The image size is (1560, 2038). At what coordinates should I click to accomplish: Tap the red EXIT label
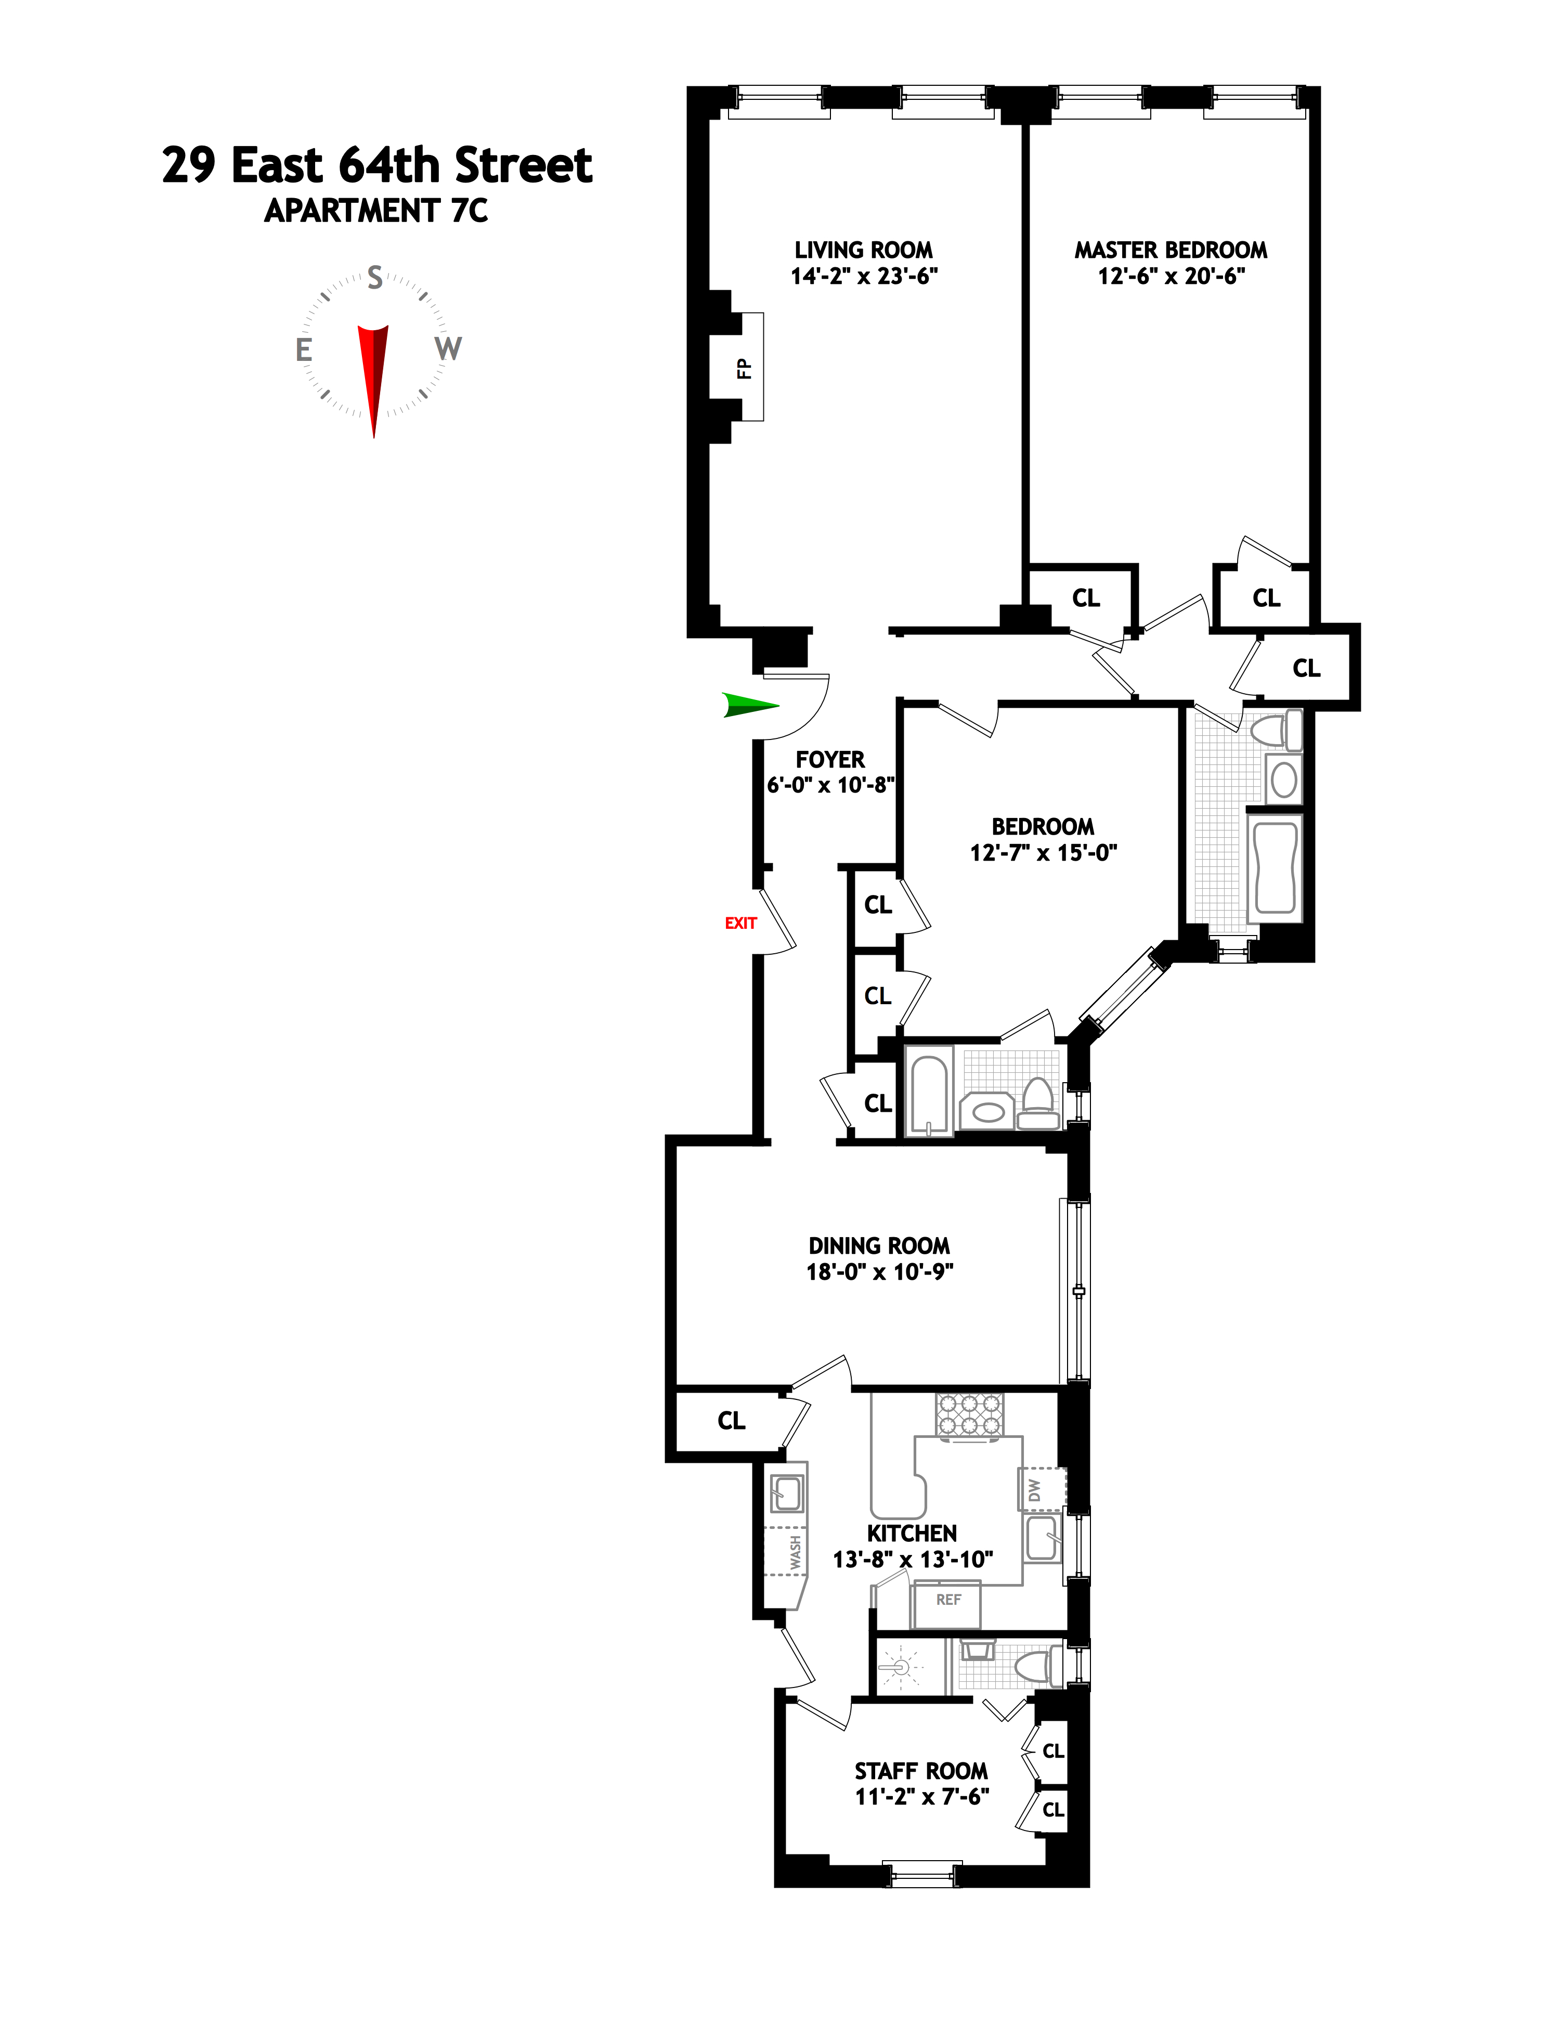(x=740, y=923)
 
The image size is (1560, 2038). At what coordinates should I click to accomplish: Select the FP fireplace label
(x=744, y=368)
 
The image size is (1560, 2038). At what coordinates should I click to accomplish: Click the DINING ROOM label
(x=878, y=1245)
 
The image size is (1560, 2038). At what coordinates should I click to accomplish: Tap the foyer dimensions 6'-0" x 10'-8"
(x=830, y=785)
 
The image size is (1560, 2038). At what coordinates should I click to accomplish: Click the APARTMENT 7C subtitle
(x=376, y=212)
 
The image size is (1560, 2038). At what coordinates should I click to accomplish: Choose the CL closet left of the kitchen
(x=731, y=1421)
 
